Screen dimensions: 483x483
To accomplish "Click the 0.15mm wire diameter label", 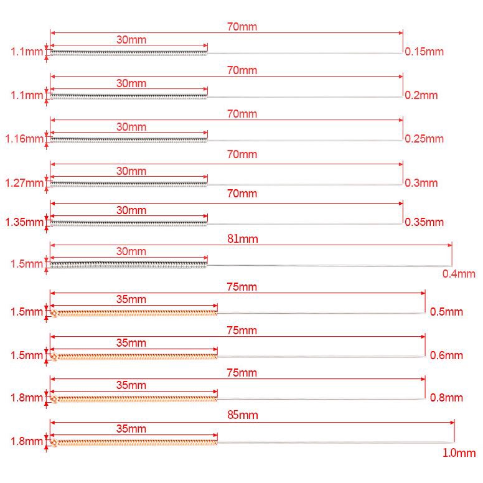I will [x=424, y=52].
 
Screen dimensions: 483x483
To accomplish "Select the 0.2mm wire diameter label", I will [x=421, y=95].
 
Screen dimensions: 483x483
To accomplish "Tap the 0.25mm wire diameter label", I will [x=424, y=138].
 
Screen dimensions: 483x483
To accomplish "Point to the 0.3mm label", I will [x=421, y=183].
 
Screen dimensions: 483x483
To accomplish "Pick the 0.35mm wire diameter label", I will [x=424, y=222].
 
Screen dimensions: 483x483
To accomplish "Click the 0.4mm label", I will [x=459, y=274].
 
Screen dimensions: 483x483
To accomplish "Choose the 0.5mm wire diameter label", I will [x=447, y=312].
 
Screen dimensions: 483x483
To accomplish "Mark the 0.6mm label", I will [x=447, y=355].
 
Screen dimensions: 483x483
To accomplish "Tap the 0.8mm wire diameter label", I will [x=447, y=398].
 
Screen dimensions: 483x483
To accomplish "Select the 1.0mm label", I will [x=459, y=454].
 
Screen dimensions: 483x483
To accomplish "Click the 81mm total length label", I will [x=243, y=239].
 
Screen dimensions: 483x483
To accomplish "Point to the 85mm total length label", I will [x=243, y=415].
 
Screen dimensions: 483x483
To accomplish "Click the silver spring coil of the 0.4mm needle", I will [x=128, y=265].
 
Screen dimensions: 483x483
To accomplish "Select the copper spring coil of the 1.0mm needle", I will [x=134, y=443].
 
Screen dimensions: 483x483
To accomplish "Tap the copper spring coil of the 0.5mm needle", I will [x=134, y=312].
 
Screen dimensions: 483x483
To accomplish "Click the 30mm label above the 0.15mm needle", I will [x=131, y=39].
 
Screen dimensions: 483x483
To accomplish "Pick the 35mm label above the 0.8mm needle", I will [x=131, y=386].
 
